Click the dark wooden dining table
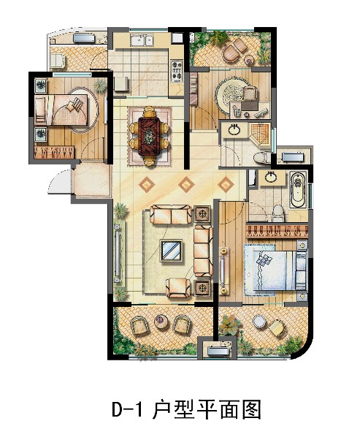tap(149, 137)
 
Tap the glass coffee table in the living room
tap(172, 251)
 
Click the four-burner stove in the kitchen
tap(176, 72)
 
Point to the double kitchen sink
tap(142, 40)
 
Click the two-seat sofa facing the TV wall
tap(172, 215)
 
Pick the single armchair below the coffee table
tap(178, 288)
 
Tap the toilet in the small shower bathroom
tap(261, 158)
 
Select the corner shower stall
tap(259, 132)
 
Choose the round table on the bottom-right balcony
tap(258, 322)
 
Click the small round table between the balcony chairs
tap(161, 322)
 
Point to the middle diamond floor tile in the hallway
tap(186, 184)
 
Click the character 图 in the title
tap(251, 409)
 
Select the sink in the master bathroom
tap(271, 178)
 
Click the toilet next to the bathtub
tap(279, 213)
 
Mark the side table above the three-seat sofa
tap(202, 214)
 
